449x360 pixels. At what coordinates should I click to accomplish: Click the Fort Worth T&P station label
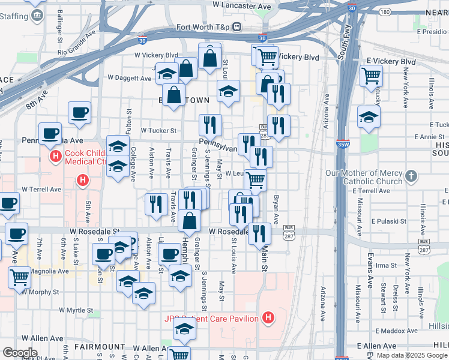(204, 27)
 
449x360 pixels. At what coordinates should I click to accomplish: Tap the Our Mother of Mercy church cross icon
(411, 176)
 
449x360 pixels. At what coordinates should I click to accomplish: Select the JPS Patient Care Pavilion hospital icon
(268, 317)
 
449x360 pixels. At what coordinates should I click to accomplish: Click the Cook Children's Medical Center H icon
(56, 157)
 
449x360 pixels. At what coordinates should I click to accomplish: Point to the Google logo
(20, 352)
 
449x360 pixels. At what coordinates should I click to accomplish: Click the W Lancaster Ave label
(243, 5)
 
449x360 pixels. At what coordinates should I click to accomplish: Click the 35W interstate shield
(343, 145)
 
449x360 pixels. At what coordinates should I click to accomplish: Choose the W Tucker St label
(158, 130)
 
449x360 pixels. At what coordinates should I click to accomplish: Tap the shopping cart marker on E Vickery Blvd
(372, 76)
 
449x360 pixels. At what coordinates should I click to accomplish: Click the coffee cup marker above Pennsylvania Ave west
(79, 112)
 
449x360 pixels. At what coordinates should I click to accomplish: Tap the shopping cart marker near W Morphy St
(20, 277)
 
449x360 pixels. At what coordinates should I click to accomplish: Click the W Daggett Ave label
(130, 78)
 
